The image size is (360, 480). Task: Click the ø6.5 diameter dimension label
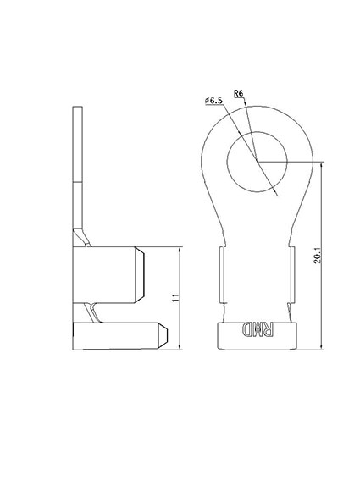[x=213, y=102]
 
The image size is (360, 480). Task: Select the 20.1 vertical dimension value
[x=316, y=255]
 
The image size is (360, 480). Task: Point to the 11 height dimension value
[x=174, y=298]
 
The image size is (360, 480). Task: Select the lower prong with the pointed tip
[x=119, y=335]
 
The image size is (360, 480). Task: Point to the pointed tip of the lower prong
[x=169, y=335]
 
